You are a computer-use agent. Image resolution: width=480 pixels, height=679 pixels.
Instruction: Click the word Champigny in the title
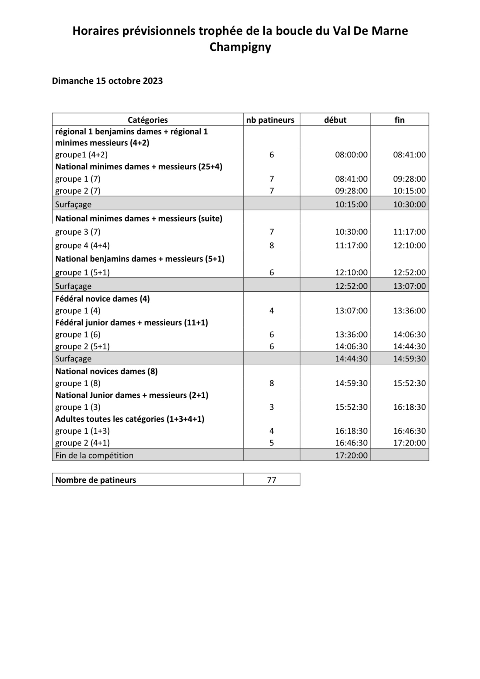240,47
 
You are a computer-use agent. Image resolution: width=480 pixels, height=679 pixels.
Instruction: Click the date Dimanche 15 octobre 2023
107,81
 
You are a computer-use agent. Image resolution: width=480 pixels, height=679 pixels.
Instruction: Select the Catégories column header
148,120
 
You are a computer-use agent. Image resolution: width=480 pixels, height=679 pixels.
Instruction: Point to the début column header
335,120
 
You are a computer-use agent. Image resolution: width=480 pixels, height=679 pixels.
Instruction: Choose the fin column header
399,120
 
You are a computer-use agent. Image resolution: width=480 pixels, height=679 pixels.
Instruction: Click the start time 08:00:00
351,155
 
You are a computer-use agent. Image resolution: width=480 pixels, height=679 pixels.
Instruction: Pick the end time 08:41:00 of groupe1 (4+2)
409,155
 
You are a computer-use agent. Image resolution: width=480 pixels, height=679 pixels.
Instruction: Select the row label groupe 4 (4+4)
82,245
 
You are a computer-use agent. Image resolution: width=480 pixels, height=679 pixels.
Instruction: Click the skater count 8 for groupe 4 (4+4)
271,245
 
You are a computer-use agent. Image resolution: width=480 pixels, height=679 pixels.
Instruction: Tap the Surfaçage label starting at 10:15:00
73,204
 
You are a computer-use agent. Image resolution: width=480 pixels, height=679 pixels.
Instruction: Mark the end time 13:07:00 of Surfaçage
409,286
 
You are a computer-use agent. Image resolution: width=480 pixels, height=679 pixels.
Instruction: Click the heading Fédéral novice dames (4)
102,299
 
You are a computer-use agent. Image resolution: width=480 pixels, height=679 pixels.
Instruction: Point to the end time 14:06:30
409,334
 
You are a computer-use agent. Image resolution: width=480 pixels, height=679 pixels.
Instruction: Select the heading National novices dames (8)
106,371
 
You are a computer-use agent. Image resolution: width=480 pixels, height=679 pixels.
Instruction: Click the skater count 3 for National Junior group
271,407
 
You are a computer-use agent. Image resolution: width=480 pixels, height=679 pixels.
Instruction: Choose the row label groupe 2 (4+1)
82,443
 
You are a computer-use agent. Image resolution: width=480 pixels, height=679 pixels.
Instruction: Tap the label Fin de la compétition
94,455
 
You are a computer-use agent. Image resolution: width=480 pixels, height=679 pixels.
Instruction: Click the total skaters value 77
271,480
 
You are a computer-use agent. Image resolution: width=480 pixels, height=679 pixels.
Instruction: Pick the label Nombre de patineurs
95,480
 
